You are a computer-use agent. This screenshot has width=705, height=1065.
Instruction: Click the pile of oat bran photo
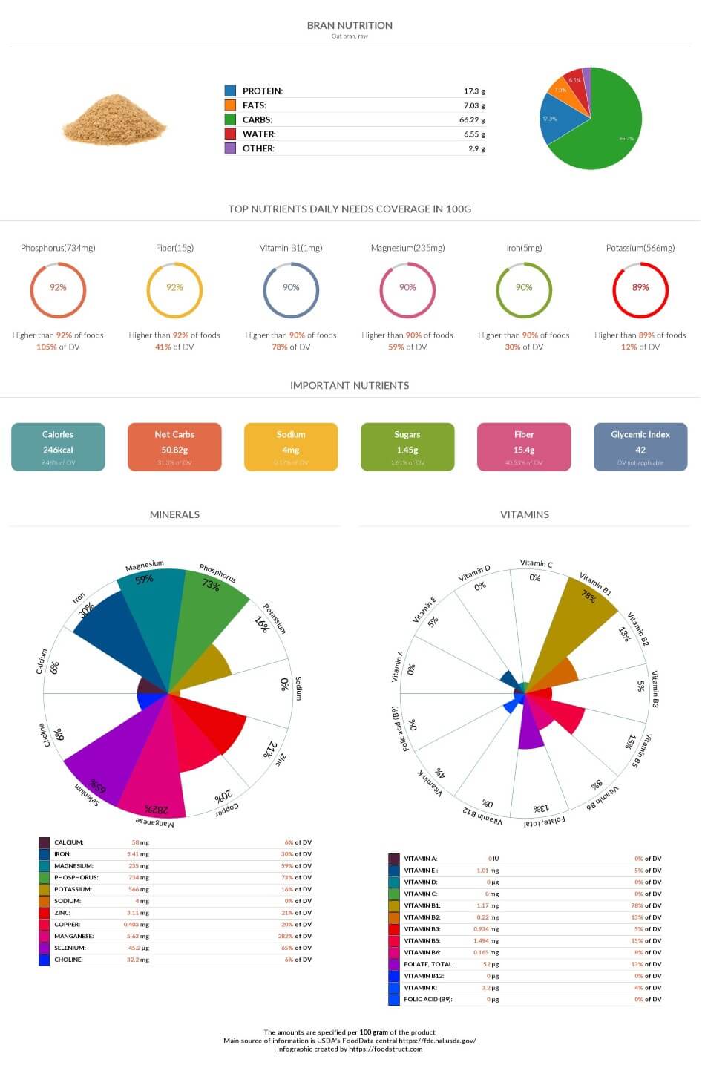(114, 119)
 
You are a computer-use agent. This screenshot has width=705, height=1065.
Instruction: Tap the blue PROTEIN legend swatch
(230, 91)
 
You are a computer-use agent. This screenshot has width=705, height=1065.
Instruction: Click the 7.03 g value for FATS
(473, 105)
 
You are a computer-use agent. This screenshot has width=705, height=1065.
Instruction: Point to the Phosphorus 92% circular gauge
(58, 288)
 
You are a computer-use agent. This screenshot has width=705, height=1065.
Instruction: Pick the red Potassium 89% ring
(640, 288)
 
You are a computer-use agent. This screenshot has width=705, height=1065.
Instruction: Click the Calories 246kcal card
(58, 447)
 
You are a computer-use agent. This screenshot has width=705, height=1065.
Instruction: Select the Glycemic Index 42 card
(640, 447)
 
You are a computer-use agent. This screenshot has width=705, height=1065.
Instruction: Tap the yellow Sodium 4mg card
(291, 447)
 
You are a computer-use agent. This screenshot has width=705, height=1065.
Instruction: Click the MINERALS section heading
(174, 514)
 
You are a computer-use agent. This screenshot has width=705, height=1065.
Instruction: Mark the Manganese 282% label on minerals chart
(156, 809)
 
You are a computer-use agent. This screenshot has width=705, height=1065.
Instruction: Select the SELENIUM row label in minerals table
(70, 948)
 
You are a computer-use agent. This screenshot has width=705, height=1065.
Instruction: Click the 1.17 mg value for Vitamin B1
(488, 905)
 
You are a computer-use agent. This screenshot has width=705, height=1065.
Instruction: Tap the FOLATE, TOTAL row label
(429, 964)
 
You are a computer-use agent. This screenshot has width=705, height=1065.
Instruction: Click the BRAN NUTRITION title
(350, 25)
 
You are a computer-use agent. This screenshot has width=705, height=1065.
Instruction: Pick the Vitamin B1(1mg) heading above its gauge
(291, 248)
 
